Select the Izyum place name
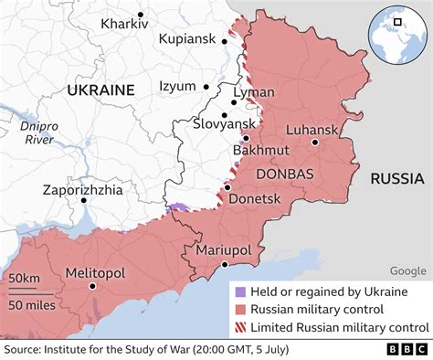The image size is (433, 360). (177, 87)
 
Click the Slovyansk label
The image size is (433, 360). (225, 123)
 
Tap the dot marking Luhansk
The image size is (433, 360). (314, 143)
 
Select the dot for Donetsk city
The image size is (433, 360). (227, 187)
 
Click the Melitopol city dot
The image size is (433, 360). (91, 287)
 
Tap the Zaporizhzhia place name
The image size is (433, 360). (83, 190)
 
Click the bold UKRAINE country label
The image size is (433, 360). (100, 90)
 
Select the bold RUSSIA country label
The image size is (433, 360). (396, 179)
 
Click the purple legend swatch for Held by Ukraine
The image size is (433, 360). (241, 291)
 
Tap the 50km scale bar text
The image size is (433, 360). (22, 278)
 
